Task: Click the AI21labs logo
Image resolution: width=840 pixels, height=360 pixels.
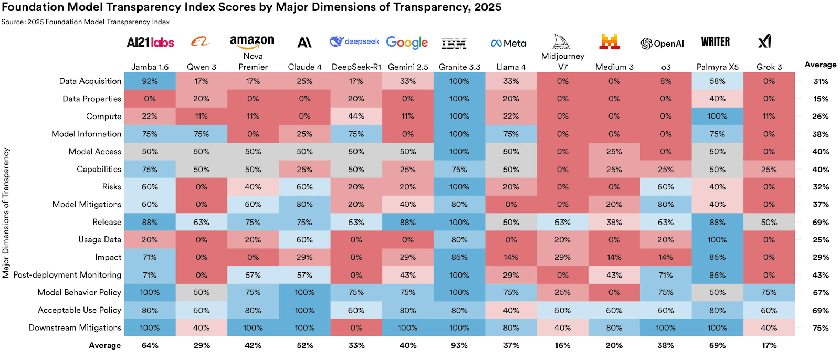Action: coord(150,43)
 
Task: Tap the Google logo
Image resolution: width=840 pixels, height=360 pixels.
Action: coord(407,43)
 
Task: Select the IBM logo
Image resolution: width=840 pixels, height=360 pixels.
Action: coord(454,44)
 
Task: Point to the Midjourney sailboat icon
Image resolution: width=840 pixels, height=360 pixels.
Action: coord(561,41)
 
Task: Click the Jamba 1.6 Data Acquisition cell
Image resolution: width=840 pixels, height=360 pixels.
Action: coord(150,81)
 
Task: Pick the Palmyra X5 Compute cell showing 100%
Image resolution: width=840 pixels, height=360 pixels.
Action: coord(717,117)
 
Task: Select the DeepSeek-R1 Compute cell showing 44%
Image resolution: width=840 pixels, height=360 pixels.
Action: coord(356,117)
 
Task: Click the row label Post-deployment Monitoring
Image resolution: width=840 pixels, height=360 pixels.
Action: coord(67,275)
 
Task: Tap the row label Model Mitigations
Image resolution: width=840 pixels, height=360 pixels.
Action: coord(87,205)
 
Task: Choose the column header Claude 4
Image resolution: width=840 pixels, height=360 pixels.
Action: coord(304,67)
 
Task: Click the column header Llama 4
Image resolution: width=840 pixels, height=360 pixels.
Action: coord(511,67)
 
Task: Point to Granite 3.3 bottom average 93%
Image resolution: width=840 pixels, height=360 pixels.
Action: coord(459,345)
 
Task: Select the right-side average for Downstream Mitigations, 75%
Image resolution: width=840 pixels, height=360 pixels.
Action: coord(821,328)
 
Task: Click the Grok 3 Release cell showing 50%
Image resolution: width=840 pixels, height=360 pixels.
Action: coord(769,223)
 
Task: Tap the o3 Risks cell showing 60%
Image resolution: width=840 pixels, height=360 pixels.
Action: coord(666,187)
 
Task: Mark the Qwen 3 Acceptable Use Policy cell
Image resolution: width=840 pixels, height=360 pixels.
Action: coord(202,310)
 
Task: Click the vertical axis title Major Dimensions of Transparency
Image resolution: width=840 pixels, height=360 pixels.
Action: coord(6,213)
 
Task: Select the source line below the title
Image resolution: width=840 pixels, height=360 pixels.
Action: coord(85,22)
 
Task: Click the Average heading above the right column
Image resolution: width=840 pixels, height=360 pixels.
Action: coord(821,65)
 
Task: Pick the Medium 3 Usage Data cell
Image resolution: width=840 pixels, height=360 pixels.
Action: coord(614,240)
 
